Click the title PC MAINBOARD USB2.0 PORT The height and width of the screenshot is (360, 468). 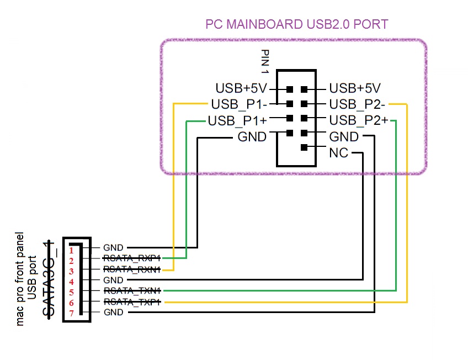click(x=296, y=24)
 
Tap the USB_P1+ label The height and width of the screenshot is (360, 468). click(x=238, y=120)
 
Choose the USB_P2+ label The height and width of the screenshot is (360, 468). click(x=359, y=120)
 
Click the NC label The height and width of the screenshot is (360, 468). click(x=338, y=153)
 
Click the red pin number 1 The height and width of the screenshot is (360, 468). click(x=71, y=251)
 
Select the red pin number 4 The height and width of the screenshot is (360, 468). click(x=71, y=282)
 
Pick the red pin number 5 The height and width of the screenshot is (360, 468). click(x=71, y=292)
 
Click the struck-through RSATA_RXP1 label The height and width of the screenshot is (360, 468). click(x=132, y=258)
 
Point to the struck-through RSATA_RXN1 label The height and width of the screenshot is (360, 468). click(x=132, y=269)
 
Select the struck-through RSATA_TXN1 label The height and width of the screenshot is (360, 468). click(x=132, y=290)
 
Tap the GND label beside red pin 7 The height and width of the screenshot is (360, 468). click(x=113, y=313)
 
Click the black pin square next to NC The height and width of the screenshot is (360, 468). click(x=304, y=147)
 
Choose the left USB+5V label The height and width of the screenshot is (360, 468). click(x=241, y=88)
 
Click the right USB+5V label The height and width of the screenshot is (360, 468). click(x=355, y=88)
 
